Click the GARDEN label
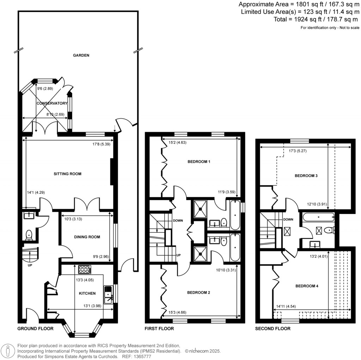(x=81, y=55)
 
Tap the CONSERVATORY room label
(x=52, y=103)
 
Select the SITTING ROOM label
(x=67, y=174)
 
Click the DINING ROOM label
(x=87, y=237)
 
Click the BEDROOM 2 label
(x=198, y=293)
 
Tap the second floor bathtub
(x=318, y=217)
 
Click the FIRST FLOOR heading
(x=159, y=329)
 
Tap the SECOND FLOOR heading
(x=273, y=329)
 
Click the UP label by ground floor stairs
(x=30, y=265)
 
